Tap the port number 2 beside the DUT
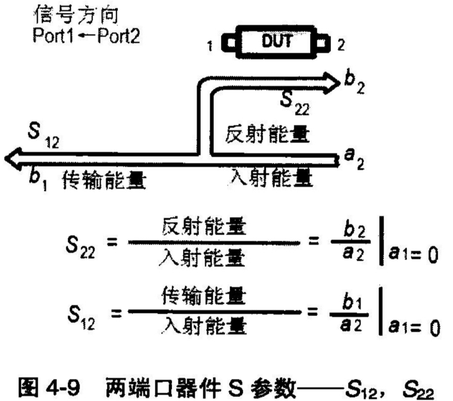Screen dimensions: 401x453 point(341,47)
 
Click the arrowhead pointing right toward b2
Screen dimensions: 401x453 point(334,81)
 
